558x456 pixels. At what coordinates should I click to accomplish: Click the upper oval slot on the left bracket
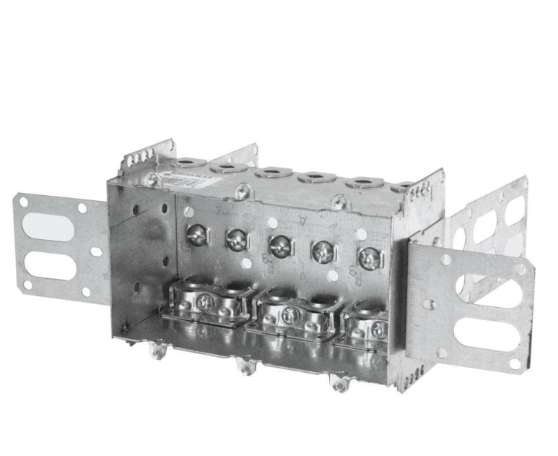(48, 227)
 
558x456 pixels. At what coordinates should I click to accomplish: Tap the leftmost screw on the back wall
(196, 233)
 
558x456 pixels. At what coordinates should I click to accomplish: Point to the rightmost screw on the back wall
(369, 257)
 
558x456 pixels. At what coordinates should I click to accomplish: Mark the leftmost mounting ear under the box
(156, 352)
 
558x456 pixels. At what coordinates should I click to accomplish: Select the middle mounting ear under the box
(247, 367)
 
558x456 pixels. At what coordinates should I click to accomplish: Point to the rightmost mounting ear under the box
(339, 383)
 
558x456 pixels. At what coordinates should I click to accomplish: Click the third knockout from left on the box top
(274, 172)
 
